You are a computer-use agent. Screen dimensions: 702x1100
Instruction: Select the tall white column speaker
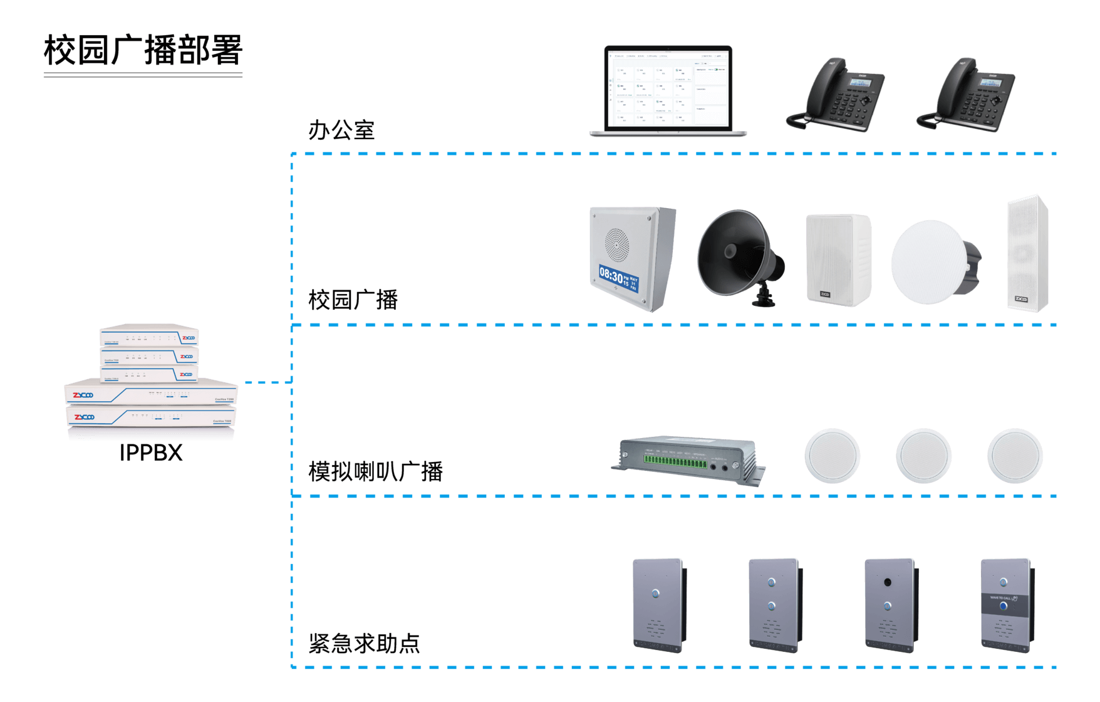point(1027,254)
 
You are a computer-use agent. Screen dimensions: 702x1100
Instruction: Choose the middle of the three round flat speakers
point(923,456)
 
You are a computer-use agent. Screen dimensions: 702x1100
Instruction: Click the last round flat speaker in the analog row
point(1015,456)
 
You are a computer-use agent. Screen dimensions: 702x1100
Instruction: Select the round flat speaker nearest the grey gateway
point(832,456)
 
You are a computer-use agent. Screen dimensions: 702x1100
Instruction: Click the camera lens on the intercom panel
point(888,582)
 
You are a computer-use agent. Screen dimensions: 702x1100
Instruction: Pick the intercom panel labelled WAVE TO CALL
point(1005,605)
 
